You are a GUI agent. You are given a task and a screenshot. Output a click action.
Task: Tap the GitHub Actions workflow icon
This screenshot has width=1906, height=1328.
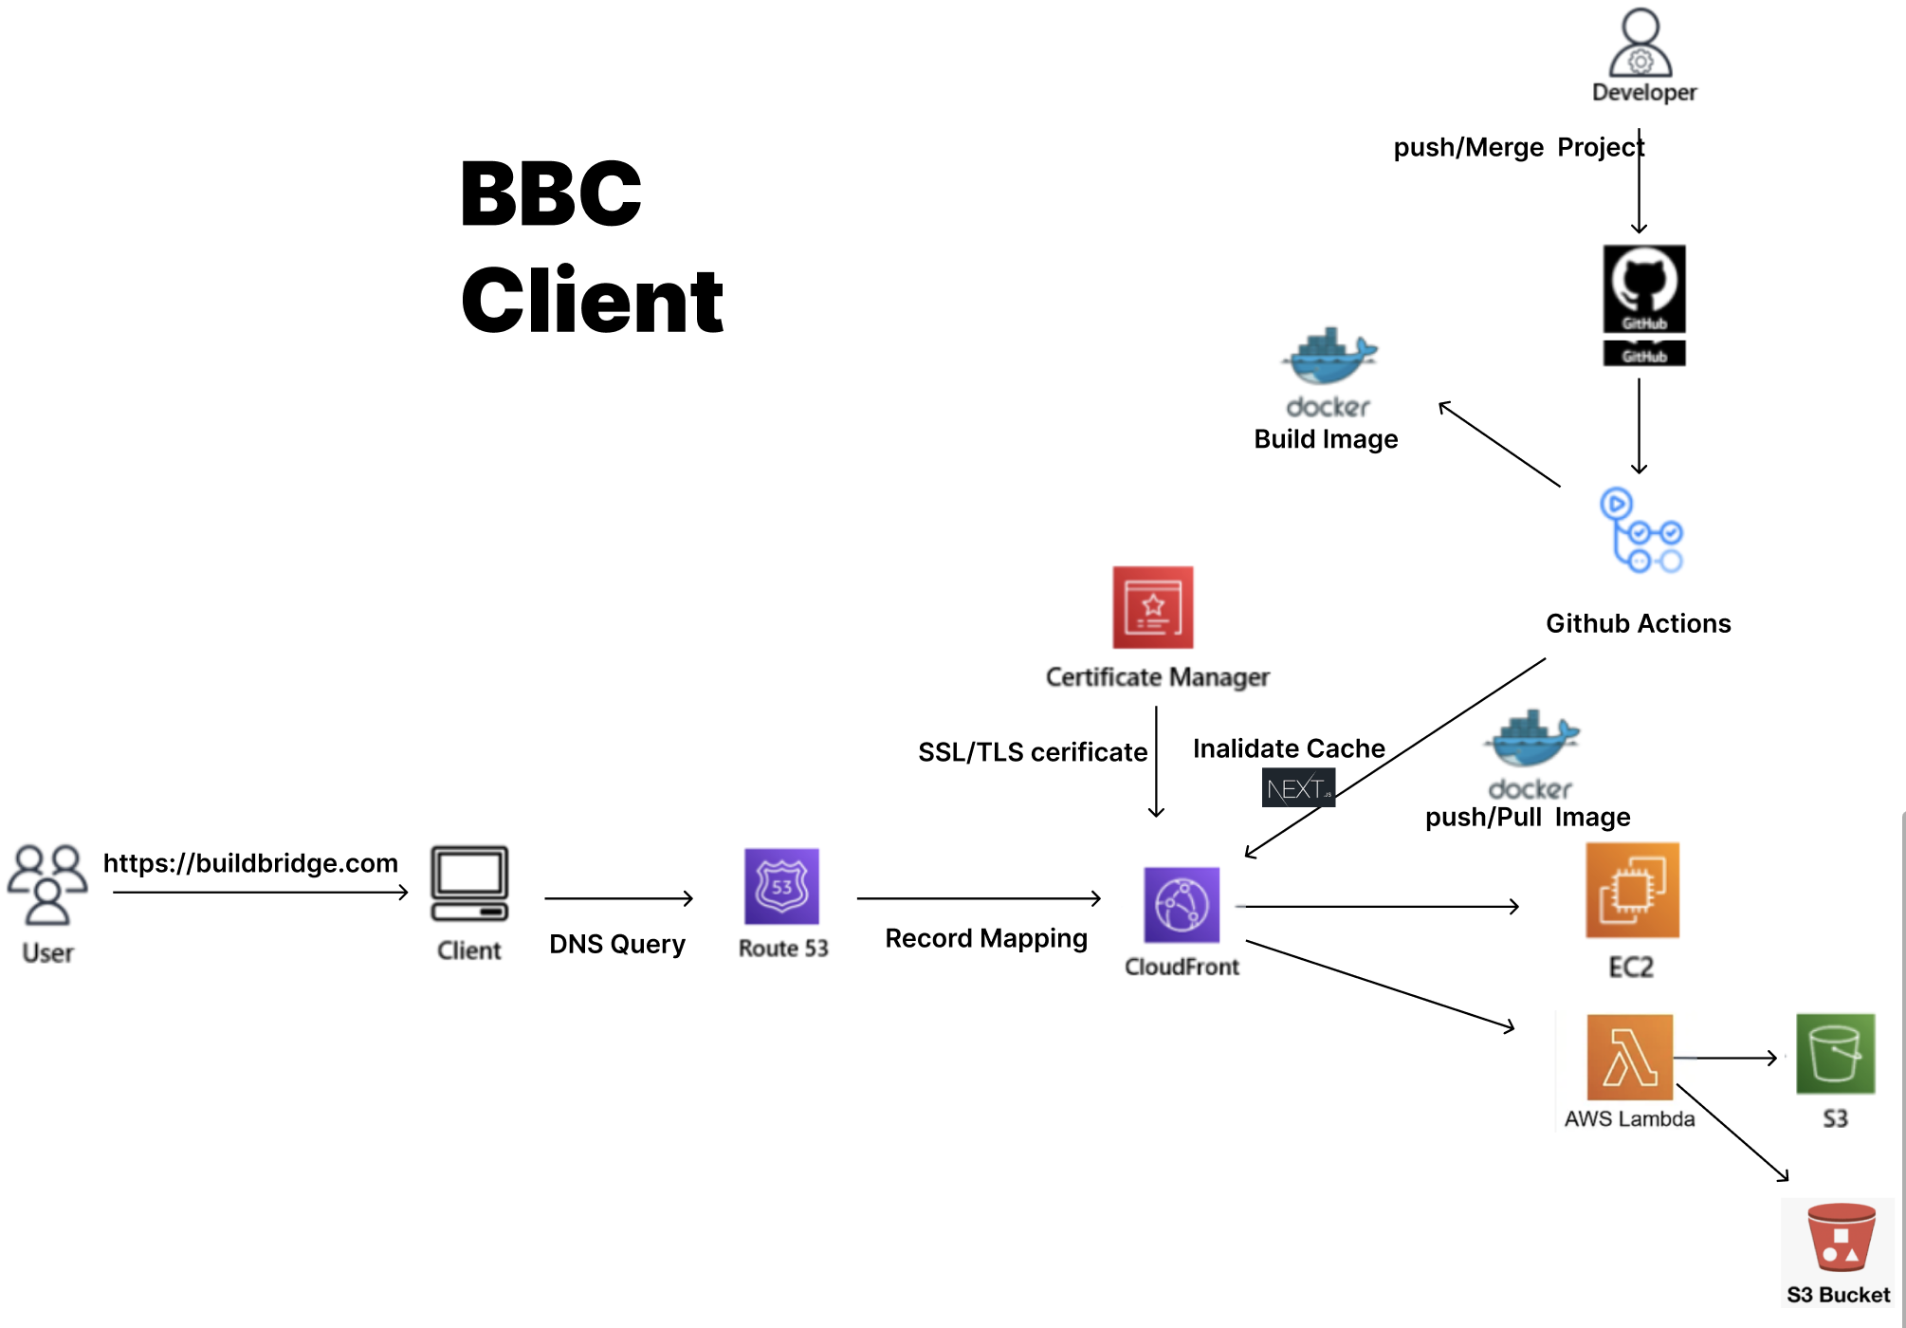tap(1641, 531)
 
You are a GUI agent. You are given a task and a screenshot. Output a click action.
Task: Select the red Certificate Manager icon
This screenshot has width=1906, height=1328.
tap(1153, 607)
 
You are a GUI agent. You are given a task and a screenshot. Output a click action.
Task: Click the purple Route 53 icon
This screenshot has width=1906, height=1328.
tap(781, 887)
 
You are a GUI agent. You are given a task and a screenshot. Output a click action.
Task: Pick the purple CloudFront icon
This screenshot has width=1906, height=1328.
tap(1182, 905)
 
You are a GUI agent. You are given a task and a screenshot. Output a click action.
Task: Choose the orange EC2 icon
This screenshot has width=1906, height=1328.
tap(1632, 891)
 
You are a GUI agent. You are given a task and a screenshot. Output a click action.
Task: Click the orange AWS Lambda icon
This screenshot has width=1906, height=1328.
tap(1630, 1058)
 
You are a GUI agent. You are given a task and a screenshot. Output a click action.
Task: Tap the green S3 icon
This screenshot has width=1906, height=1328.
tap(1835, 1054)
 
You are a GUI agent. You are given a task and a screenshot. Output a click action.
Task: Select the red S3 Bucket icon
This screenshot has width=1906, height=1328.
tap(1841, 1238)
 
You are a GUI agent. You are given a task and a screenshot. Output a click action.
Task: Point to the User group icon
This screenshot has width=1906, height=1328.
tap(47, 884)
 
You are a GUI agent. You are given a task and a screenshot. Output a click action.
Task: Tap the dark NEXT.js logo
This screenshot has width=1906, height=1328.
tap(1298, 788)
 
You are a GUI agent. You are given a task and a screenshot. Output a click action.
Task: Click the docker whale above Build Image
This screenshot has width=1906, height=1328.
tap(1329, 358)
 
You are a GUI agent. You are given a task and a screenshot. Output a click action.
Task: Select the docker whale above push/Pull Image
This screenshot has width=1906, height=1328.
tap(1532, 740)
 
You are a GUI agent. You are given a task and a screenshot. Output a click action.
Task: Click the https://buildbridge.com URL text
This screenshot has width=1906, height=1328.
tap(250, 863)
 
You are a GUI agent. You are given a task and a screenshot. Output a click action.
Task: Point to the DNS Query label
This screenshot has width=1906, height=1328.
tap(617, 944)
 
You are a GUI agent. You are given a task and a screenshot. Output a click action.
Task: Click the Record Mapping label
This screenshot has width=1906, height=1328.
tap(986, 938)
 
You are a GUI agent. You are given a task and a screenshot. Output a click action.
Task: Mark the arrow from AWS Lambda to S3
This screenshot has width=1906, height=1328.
tap(1726, 1058)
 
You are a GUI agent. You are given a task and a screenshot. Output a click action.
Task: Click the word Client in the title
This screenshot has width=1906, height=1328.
tap(593, 302)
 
